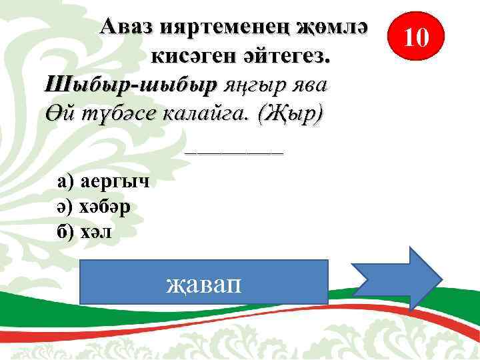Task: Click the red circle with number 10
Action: point(416,37)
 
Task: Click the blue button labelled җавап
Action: point(204,282)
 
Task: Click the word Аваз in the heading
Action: point(129,28)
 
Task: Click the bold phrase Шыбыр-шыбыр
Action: point(131,85)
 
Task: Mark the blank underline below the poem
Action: point(234,153)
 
